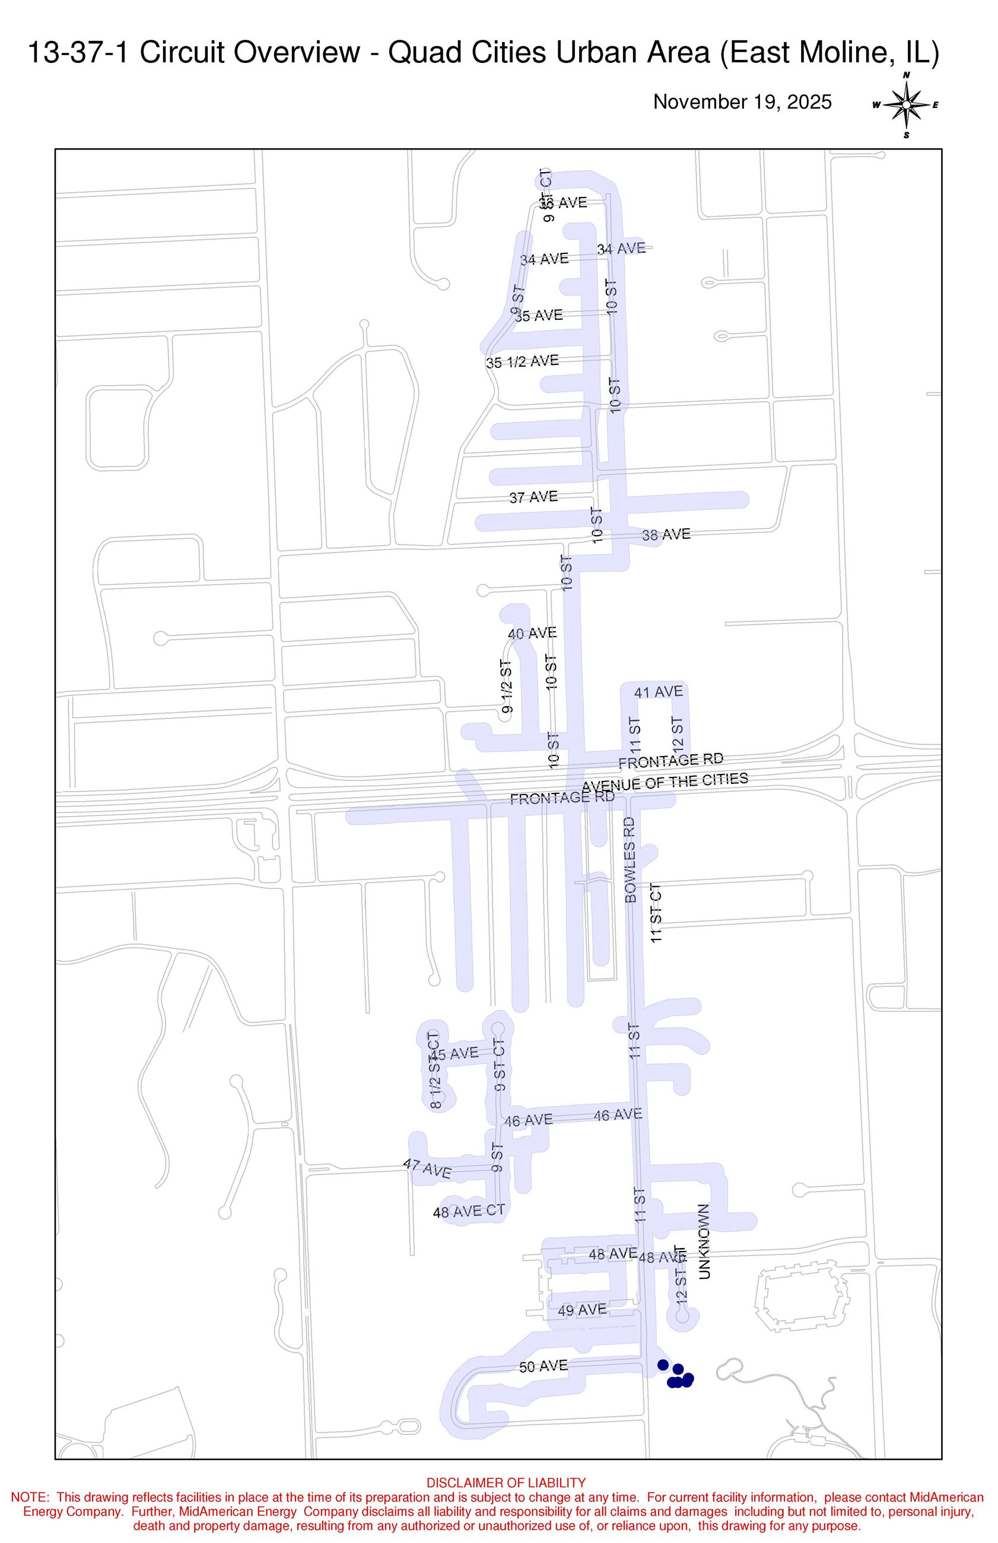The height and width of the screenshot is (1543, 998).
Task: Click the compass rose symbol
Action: click(x=906, y=105)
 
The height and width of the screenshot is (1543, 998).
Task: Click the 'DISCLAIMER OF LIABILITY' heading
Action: click(x=506, y=1482)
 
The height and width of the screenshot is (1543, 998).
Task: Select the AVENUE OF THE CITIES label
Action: click(x=665, y=782)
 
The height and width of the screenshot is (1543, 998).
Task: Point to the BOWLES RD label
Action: click(x=631, y=859)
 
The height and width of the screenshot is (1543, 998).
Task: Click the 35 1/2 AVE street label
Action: click(x=522, y=361)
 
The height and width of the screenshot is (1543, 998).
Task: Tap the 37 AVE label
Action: click(x=533, y=497)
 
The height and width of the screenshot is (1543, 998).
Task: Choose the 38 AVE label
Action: click(x=666, y=535)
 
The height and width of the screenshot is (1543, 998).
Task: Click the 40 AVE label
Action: click(x=532, y=633)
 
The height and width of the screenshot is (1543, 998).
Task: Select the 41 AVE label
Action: click(x=659, y=692)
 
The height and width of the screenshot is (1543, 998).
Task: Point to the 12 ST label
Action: click(x=678, y=733)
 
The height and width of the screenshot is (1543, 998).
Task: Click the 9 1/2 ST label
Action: click(x=506, y=687)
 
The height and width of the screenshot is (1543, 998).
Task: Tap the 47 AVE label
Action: click(x=428, y=1169)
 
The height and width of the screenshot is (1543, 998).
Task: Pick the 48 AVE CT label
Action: click(x=469, y=1211)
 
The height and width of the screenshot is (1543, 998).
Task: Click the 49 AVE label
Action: click(x=582, y=1310)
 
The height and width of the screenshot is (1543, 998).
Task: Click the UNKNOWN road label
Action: click(x=704, y=1242)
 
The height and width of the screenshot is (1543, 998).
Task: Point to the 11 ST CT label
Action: click(x=656, y=913)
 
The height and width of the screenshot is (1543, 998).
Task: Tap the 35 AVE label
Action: click(x=539, y=316)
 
